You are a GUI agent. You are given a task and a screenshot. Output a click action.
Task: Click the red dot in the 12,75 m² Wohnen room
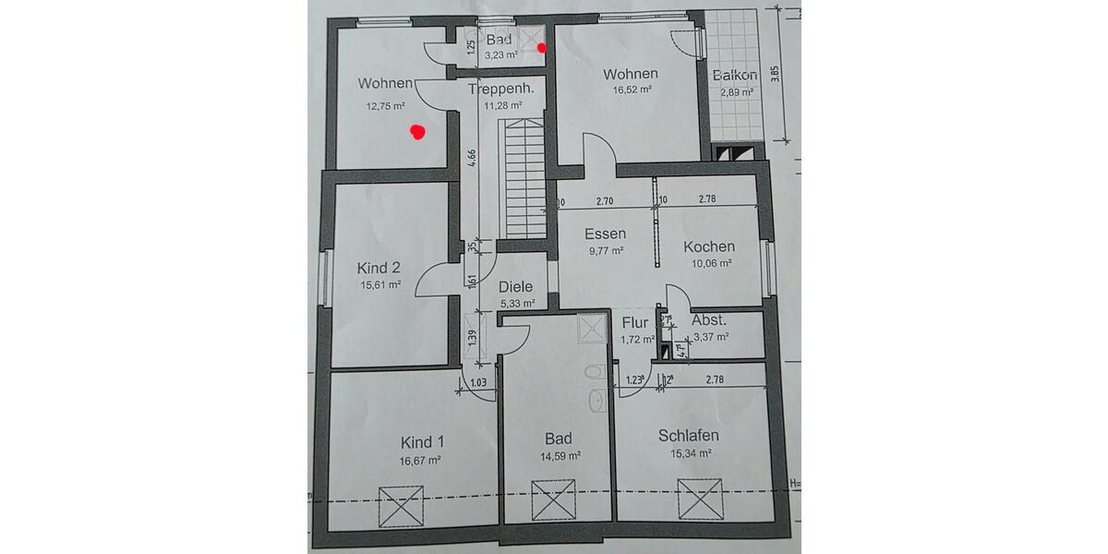pyautogui.click(x=417, y=133)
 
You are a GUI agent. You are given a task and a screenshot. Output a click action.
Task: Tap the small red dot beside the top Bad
pyautogui.click(x=542, y=48)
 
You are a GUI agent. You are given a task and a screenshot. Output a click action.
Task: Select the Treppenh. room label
pyautogui.click(x=501, y=90)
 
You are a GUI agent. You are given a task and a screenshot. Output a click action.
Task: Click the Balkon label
pyautogui.click(x=735, y=76)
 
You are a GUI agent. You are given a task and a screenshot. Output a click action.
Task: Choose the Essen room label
pyautogui.click(x=605, y=234)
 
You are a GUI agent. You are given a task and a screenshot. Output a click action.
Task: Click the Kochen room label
pyautogui.click(x=708, y=247)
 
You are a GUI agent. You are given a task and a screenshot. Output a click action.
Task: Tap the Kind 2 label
pyautogui.click(x=379, y=268)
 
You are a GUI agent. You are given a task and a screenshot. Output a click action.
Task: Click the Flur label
pyautogui.click(x=635, y=323)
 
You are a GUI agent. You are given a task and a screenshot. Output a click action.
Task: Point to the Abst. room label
pyautogui.click(x=709, y=320)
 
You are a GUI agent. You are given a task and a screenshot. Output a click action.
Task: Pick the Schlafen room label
pyautogui.click(x=689, y=436)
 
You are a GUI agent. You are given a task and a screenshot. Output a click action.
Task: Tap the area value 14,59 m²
pyautogui.click(x=560, y=455)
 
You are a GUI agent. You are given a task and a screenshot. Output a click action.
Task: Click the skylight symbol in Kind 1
pyautogui.click(x=401, y=506)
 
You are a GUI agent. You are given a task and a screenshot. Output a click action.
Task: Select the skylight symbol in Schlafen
pyautogui.click(x=699, y=498)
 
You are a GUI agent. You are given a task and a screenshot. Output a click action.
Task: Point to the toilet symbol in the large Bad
pyautogui.click(x=596, y=373)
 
